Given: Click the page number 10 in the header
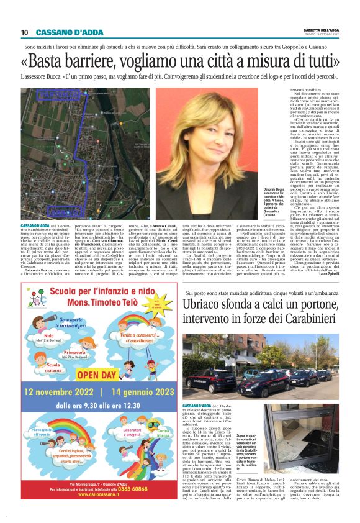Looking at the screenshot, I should [25, 32].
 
